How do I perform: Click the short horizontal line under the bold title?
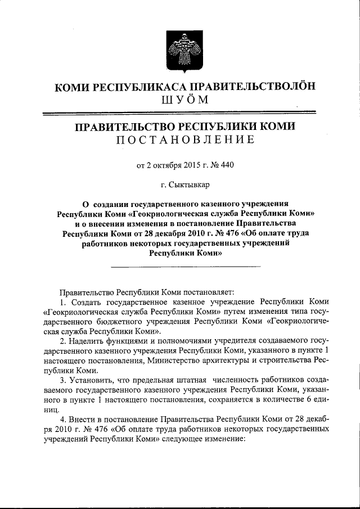[x=186, y=266]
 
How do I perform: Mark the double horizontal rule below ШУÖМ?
[x=180, y=114]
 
